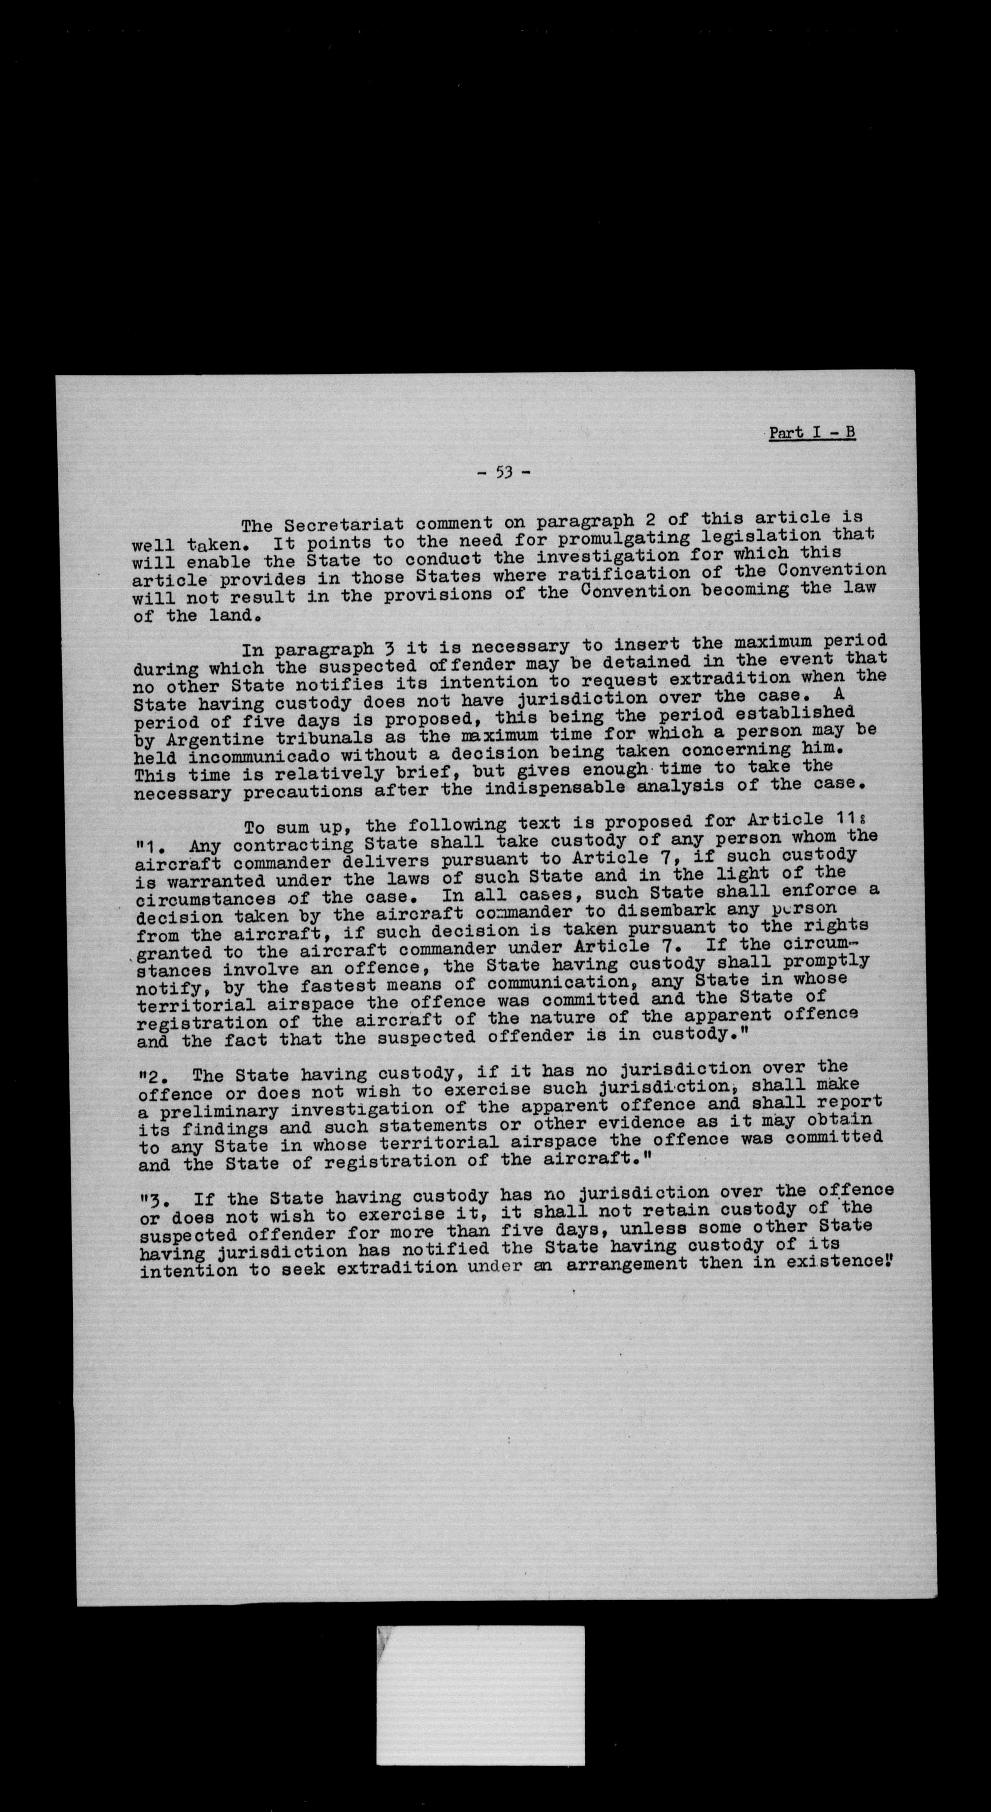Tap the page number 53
point(503,472)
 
